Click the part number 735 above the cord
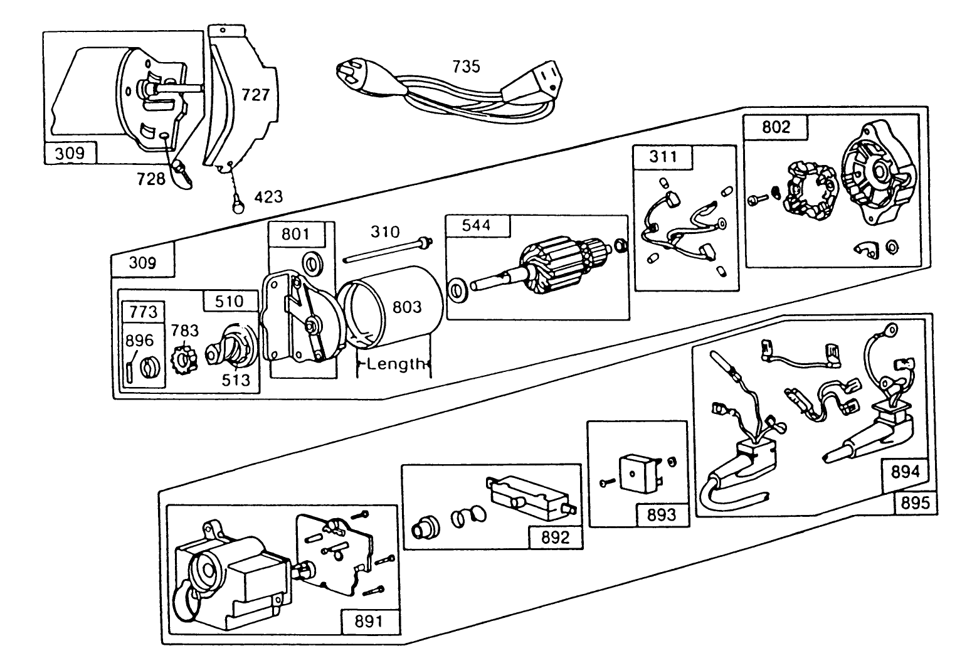tap(466, 66)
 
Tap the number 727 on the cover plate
tap(256, 95)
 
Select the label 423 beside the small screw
tap(268, 196)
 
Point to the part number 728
tap(151, 179)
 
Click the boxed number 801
tap(295, 234)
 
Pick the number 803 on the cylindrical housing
tap(407, 307)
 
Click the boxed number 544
tap(476, 225)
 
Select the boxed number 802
tap(776, 127)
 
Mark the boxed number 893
tap(662, 514)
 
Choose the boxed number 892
tap(555, 537)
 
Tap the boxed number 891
tap(369, 621)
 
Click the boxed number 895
tap(916, 502)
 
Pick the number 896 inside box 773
tap(139, 341)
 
